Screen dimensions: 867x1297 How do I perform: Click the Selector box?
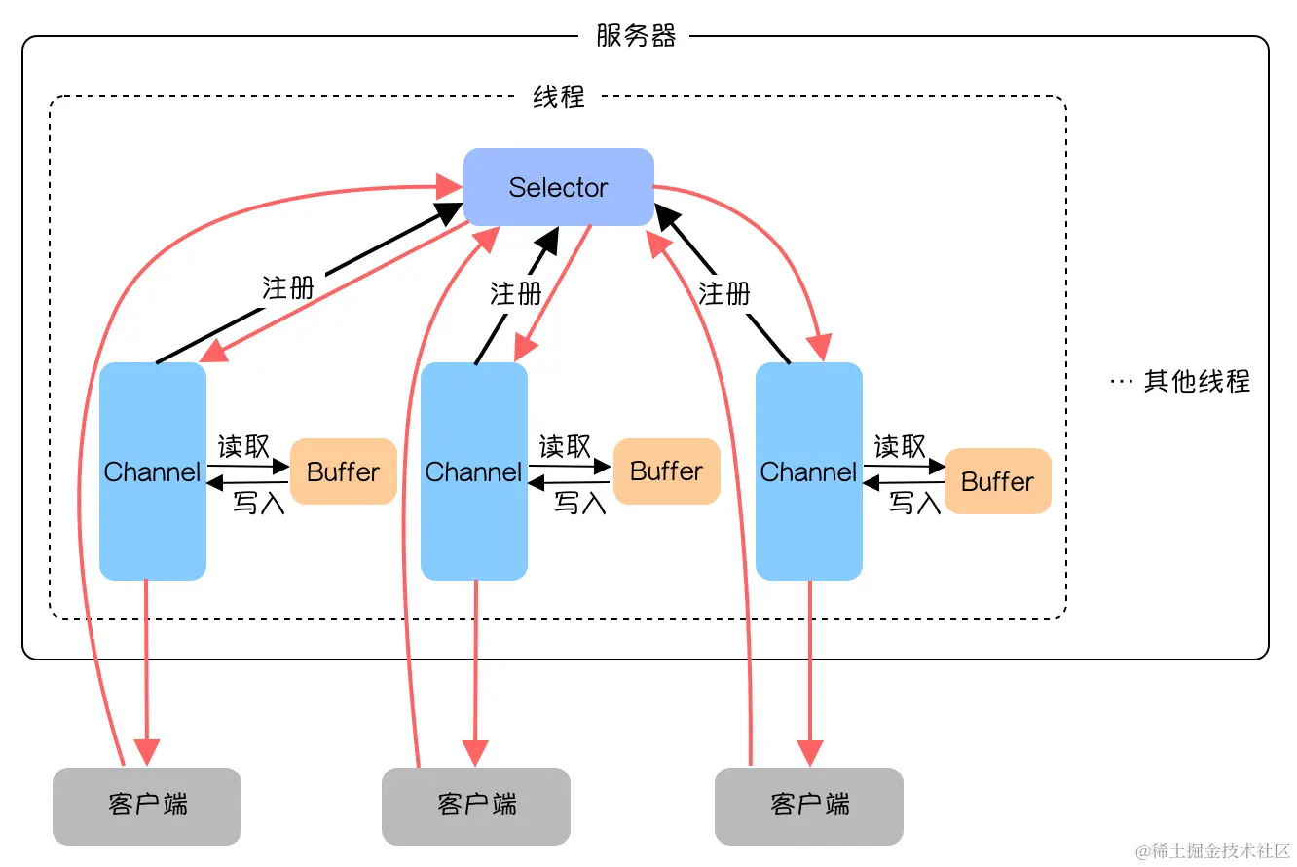click(558, 187)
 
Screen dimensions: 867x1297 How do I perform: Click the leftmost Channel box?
click(153, 471)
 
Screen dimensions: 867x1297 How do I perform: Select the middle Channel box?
click(474, 471)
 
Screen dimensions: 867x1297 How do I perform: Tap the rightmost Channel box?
click(809, 471)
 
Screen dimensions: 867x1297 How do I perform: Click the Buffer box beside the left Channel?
click(343, 471)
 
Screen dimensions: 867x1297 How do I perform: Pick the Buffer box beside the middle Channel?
click(666, 471)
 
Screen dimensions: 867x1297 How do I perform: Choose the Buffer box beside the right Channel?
click(998, 481)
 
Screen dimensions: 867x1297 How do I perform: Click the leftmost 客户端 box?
click(147, 806)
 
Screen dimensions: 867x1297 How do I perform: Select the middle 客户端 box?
click(476, 806)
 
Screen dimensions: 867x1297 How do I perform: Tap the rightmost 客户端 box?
click(809, 806)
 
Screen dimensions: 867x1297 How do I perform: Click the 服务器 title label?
click(636, 37)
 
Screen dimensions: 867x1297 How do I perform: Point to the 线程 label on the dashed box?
click(559, 96)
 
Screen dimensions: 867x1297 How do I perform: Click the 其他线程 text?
click(1196, 381)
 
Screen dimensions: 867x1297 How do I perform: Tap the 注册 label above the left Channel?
click(288, 287)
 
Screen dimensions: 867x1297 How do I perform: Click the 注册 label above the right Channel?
click(724, 292)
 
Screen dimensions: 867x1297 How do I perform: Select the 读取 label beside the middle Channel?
click(566, 446)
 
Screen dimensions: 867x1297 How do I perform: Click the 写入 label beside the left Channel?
click(258, 503)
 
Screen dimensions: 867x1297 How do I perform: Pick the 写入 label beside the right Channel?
click(915, 503)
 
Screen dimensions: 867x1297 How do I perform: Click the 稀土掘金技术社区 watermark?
click(1212, 850)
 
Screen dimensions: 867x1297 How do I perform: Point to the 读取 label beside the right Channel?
click(900, 446)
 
